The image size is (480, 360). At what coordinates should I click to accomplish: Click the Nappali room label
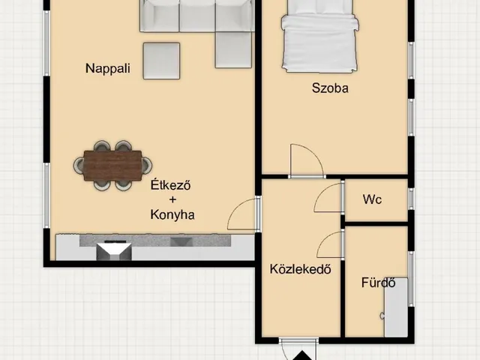108,68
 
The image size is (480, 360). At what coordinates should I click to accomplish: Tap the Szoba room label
330,88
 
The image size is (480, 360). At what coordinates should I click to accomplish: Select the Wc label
372,199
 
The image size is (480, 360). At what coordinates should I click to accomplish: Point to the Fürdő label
378,282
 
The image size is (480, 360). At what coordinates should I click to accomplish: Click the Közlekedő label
300,268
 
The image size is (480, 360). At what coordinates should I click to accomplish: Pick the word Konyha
172,214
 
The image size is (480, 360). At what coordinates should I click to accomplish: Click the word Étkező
170,185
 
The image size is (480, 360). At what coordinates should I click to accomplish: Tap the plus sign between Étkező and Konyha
172,199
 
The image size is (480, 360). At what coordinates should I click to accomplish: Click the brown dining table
112,165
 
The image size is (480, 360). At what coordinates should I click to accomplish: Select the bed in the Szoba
319,36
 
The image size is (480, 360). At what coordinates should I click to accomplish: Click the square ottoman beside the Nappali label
161,61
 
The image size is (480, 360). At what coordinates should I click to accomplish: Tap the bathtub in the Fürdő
395,307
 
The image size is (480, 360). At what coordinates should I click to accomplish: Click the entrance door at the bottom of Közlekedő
298,349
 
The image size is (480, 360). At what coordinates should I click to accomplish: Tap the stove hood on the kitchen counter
114,250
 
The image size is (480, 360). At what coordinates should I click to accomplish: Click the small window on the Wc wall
412,199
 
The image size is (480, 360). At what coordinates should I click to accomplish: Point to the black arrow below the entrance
302,355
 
